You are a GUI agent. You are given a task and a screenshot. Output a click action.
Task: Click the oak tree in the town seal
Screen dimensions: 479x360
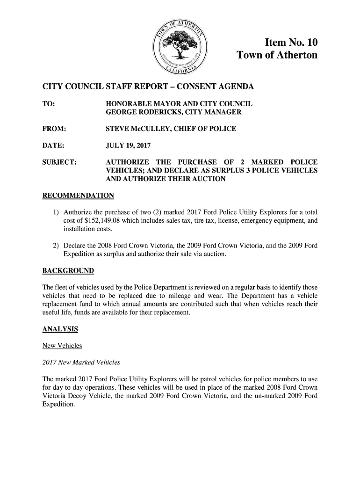click(180, 46)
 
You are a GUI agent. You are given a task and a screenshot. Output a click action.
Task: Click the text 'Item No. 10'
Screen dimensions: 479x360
click(291, 43)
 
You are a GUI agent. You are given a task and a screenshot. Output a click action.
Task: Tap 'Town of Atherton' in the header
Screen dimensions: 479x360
click(277, 56)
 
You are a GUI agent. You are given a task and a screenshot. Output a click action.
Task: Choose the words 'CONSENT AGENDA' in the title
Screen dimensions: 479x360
click(217, 87)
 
